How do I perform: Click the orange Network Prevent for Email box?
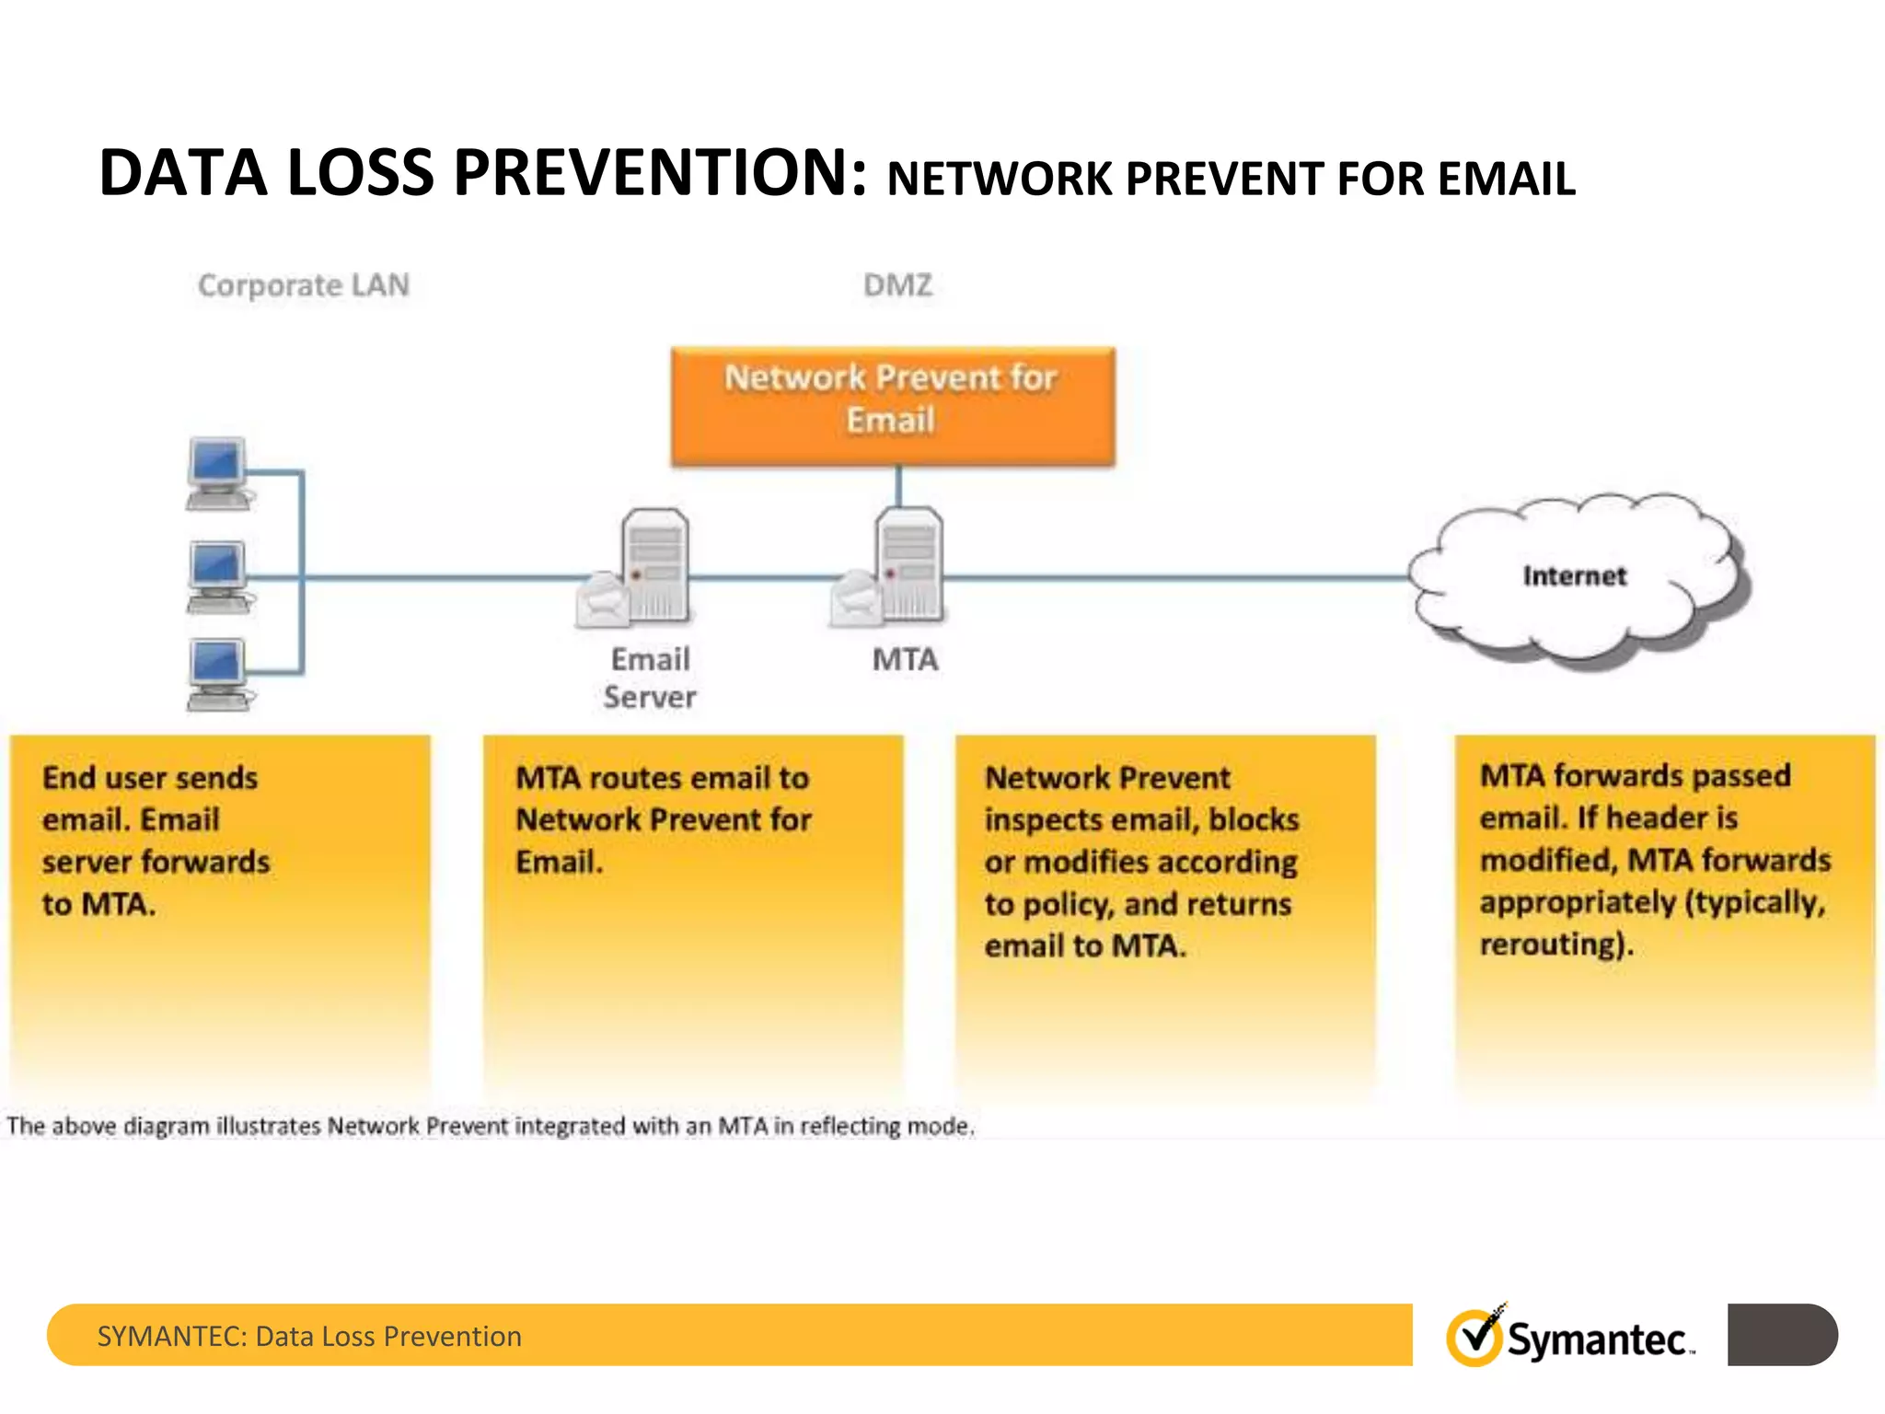pyautogui.click(x=892, y=405)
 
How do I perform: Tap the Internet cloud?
pyautogui.click(x=1575, y=576)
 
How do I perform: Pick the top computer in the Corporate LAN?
pyautogui.click(x=217, y=472)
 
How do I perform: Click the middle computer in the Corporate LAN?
pyautogui.click(x=217, y=576)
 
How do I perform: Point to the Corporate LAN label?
pyautogui.click(x=304, y=285)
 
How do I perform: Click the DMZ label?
pyautogui.click(x=897, y=285)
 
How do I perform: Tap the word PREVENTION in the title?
pyautogui.click(x=659, y=173)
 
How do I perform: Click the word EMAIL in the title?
pyautogui.click(x=1506, y=179)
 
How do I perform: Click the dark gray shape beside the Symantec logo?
pyautogui.click(x=1781, y=1334)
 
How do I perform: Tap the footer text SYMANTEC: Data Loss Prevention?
pyautogui.click(x=309, y=1336)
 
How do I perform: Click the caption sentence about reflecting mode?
pyautogui.click(x=490, y=1126)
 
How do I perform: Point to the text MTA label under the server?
pyautogui.click(x=906, y=660)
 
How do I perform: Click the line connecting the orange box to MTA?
pyautogui.click(x=898, y=486)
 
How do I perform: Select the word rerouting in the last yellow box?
pyautogui.click(x=1553, y=945)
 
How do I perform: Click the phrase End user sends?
pyautogui.click(x=150, y=778)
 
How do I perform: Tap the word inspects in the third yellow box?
pyautogui.click(x=1043, y=820)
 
